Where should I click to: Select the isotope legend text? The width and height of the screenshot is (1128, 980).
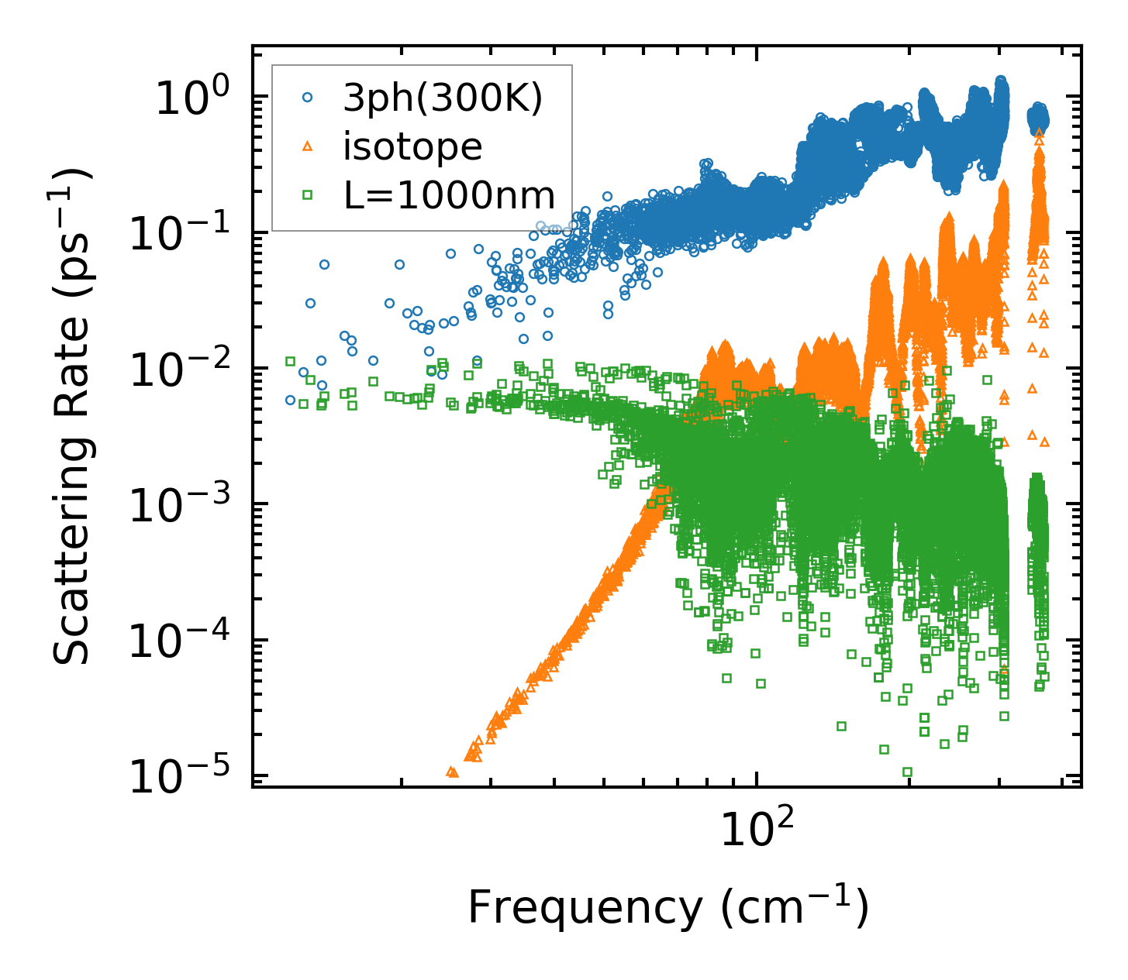(x=412, y=146)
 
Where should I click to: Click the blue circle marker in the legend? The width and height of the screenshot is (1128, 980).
(x=308, y=98)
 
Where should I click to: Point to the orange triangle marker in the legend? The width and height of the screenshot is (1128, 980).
(x=308, y=146)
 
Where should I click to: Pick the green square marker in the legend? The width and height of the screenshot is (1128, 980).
(x=308, y=195)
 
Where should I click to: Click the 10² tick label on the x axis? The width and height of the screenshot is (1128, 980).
(x=756, y=830)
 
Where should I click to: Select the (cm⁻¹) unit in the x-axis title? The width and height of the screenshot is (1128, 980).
(x=795, y=906)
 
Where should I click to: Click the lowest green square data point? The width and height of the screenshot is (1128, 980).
(x=907, y=772)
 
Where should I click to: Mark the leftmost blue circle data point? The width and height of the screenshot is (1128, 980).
(x=291, y=401)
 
